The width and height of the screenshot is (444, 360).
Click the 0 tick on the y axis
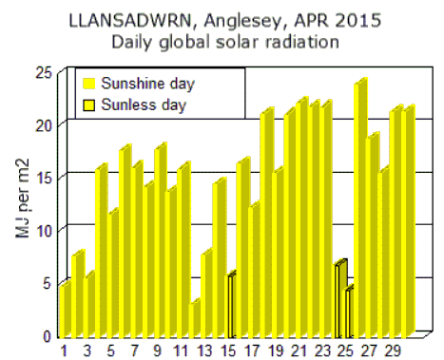pos(45,335)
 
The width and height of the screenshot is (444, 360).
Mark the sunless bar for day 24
pos(339,299)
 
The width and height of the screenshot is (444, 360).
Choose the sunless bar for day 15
pos(229,305)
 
